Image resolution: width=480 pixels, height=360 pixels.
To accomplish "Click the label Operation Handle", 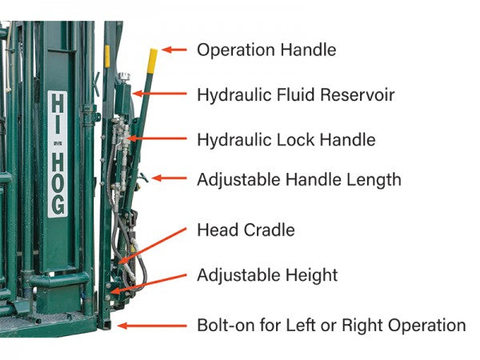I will click(266, 50).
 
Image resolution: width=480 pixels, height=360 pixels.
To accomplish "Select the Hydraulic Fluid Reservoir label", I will click(295, 94).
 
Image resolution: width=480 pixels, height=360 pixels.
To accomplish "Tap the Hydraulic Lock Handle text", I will click(286, 140).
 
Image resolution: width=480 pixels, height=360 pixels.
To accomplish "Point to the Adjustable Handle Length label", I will click(298, 179).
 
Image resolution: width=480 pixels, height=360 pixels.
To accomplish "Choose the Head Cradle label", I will click(246, 230).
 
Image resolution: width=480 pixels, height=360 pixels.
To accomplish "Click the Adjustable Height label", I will click(267, 276).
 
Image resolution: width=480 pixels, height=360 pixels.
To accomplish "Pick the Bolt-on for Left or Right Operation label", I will click(331, 326).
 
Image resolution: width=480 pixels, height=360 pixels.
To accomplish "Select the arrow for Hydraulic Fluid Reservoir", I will click(162, 94).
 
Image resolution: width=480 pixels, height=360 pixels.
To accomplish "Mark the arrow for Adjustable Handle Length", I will click(167, 178).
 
